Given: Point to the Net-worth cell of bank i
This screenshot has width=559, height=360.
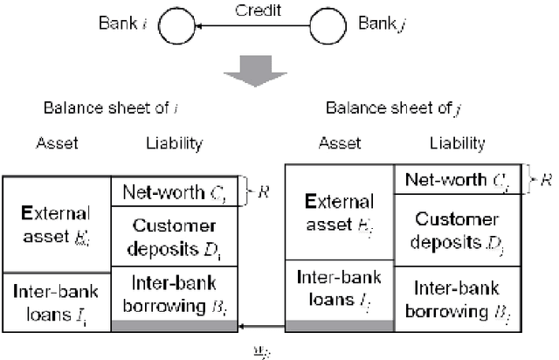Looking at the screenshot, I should (174, 190).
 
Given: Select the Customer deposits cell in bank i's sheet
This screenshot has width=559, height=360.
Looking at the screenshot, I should (174, 237).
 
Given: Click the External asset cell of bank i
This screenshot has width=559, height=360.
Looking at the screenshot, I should (57, 224).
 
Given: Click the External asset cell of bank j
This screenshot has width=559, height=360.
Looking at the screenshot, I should (340, 212).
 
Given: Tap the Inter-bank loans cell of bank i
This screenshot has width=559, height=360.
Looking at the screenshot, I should (57, 301).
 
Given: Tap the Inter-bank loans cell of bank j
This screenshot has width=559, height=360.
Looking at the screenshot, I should (340, 290).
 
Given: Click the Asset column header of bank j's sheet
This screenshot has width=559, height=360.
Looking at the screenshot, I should (340, 144).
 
